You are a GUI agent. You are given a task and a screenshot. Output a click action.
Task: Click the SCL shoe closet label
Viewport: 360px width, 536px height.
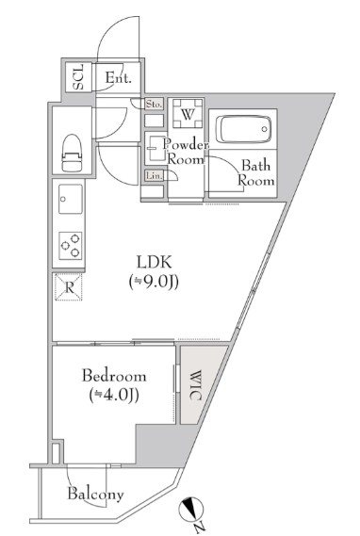78,78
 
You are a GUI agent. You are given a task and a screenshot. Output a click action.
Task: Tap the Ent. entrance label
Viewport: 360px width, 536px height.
118,78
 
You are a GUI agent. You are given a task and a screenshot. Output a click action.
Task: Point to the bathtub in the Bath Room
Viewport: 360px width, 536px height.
246,129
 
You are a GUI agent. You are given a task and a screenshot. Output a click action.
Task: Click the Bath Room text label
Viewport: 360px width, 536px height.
255,172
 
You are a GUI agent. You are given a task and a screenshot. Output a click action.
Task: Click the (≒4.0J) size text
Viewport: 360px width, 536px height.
111,395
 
